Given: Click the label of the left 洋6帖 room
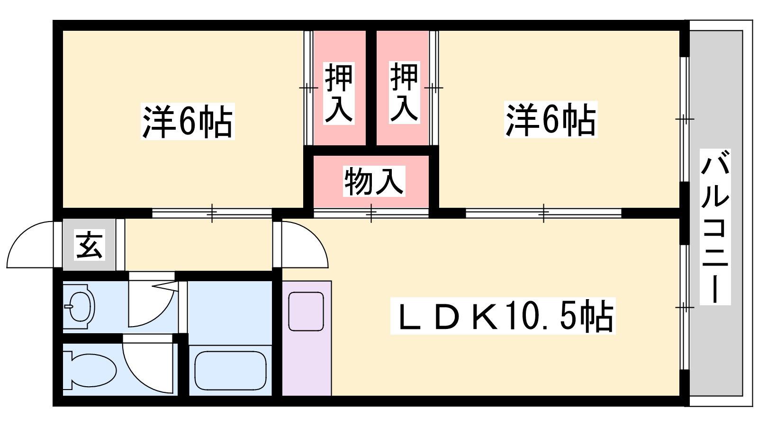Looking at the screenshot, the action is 188,121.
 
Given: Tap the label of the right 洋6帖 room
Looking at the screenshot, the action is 551,119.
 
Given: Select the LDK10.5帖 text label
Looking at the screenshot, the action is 503,316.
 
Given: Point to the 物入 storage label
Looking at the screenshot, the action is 374,181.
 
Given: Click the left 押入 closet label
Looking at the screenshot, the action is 339,93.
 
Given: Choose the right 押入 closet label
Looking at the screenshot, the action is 405,92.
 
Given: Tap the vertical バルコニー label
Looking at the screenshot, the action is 715,227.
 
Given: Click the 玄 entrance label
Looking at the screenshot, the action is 90,245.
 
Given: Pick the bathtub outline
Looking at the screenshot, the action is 230,371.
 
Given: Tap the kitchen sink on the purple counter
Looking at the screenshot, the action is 306,311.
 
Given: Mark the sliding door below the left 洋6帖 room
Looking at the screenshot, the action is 212,213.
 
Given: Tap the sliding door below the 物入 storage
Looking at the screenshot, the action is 371,213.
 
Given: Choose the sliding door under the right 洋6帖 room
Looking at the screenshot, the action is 543,213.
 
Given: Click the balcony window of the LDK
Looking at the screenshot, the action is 685,307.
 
